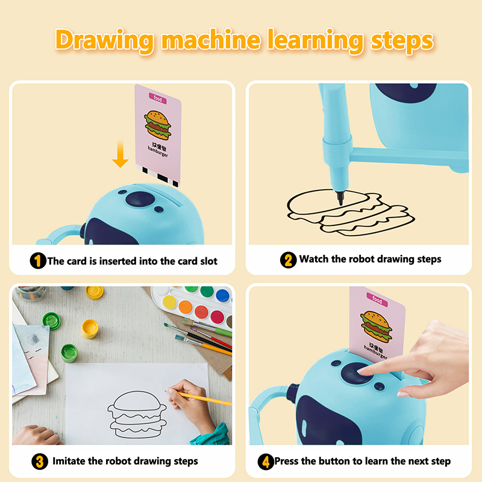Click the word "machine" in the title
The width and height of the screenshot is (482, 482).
[x=211, y=40]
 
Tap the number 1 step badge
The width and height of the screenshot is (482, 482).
[x=38, y=261]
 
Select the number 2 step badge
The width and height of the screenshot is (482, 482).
[x=288, y=260]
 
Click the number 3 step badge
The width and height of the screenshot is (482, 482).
[x=40, y=462]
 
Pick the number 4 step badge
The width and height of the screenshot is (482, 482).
[x=266, y=462]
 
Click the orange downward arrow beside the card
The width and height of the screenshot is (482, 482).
[x=120, y=154]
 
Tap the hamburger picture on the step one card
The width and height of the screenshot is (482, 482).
[x=158, y=125]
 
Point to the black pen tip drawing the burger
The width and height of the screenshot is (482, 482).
[x=340, y=198]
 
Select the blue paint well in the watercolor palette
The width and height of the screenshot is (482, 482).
[x=222, y=296]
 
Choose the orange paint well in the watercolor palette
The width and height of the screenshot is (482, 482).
[x=186, y=307]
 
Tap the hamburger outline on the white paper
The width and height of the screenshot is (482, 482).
[x=137, y=415]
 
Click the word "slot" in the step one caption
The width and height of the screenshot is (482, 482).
[x=208, y=261]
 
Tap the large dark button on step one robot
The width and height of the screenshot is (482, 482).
[x=140, y=199]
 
